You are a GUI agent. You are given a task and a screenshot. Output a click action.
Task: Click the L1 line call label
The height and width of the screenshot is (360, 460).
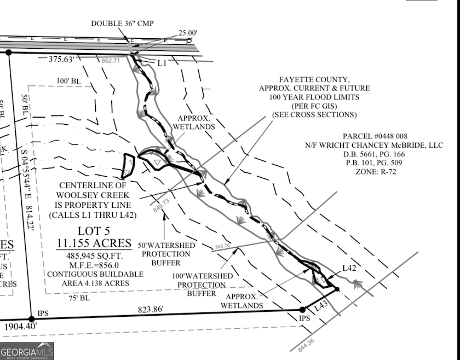point(162,63)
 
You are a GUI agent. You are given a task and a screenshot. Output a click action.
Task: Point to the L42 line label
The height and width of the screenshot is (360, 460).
point(350,268)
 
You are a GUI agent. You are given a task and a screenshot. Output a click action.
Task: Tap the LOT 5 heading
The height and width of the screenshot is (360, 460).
point(94,230)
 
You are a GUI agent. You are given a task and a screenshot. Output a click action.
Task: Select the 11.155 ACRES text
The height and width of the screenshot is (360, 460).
point(94,243)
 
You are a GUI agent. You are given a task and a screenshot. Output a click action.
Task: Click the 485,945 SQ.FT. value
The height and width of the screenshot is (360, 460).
point(94,256)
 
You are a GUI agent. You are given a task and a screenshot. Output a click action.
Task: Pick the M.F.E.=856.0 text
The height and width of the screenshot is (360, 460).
point(94,265)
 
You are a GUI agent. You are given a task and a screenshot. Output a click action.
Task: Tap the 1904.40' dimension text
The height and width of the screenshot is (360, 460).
point(20,327)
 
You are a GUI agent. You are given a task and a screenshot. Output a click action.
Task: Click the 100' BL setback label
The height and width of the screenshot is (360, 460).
point(68,81)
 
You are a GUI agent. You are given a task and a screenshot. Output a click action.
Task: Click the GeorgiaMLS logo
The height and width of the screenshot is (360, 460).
point(27,350)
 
